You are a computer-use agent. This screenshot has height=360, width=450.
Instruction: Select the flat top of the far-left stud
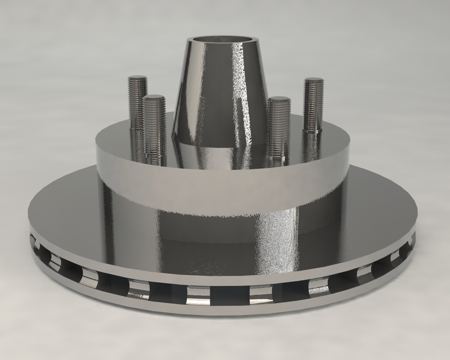[x=137, y=78]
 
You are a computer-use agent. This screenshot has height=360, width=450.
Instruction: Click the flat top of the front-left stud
[x=154, y=98]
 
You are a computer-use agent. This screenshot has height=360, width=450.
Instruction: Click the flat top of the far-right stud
[x=313, y=80]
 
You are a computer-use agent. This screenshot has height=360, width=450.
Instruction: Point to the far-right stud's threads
[x=313, y=104]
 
